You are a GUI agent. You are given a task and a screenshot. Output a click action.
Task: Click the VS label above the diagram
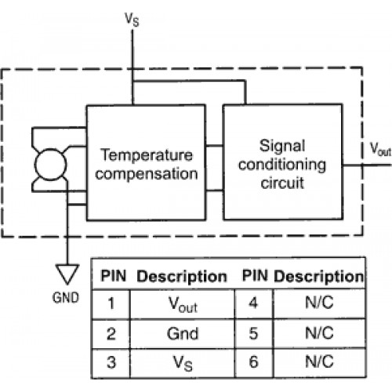[x=132, y=20]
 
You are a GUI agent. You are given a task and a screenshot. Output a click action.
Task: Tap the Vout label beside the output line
[x=380, y=149]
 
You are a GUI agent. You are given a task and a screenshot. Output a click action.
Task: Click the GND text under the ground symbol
[x=66, y=298]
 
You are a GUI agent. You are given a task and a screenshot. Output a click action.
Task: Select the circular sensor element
[x=50, y=165]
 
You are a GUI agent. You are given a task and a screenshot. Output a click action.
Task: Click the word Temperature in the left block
[x=147, y=155]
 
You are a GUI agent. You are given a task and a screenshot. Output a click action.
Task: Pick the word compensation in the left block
[x=147, y=174]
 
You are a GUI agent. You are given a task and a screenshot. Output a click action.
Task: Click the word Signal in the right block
[x=282, y=146]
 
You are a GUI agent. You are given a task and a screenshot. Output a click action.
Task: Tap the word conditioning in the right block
[x=282, y=165]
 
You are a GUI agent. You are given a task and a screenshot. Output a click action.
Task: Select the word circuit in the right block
[x=282, y=183]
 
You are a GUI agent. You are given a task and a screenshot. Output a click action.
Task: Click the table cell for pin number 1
[x=111, y=304]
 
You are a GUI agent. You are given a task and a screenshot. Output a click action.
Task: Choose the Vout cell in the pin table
[x=183, y=304]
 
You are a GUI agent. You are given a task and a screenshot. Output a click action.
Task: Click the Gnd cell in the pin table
[x=183, y=334]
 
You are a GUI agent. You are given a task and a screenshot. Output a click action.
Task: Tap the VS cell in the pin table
[x=183, y=363]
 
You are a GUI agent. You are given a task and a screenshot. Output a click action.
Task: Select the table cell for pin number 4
[x=254, y=303]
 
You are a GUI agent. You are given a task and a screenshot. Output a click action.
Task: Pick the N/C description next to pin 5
[x=319, y=333]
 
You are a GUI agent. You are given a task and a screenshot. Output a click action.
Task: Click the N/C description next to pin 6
[x=319, y=362]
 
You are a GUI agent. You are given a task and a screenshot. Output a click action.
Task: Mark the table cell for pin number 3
[x=111, y=363]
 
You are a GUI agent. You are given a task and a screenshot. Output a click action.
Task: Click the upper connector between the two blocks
[x=214, y=146]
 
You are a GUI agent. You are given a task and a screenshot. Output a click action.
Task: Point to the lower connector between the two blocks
[x=214, y=191]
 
